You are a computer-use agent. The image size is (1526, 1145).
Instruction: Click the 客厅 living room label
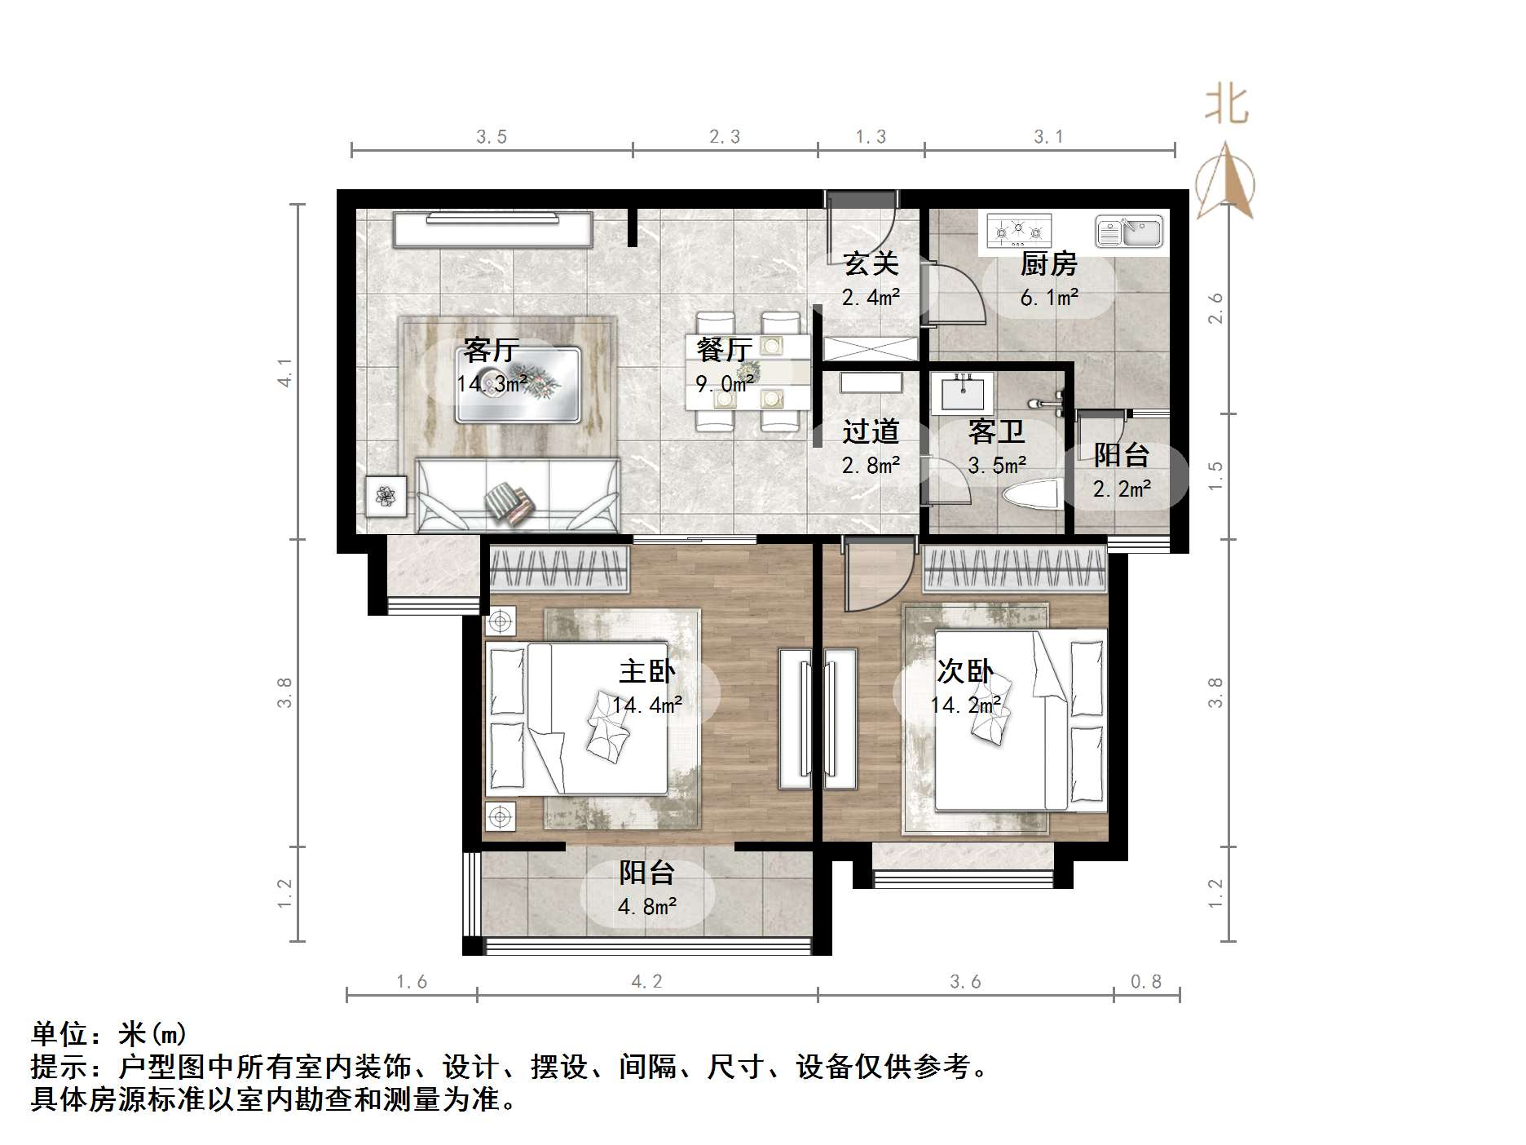491,351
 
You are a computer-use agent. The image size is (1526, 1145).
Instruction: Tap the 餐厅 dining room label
724,350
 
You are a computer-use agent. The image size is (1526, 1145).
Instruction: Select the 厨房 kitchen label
1048,264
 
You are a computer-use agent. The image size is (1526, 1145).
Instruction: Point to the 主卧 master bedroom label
646,671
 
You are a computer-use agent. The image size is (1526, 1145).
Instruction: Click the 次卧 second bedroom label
964,671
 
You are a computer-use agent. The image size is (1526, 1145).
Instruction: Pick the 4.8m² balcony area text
647,906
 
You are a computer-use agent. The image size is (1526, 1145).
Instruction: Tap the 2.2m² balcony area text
1122,489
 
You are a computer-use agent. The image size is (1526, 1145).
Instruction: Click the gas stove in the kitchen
1019,232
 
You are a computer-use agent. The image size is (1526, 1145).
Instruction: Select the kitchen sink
1128,232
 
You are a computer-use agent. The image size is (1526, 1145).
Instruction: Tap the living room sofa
517,495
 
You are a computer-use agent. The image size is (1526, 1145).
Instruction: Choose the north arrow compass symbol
1225,183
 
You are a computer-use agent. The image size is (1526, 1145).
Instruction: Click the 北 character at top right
1228,106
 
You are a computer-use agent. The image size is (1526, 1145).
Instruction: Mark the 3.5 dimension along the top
492,137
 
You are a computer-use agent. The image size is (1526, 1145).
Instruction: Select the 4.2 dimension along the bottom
646,982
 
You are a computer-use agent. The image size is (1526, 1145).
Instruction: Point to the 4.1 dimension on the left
284,372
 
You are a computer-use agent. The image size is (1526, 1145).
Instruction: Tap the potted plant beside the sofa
386,495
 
